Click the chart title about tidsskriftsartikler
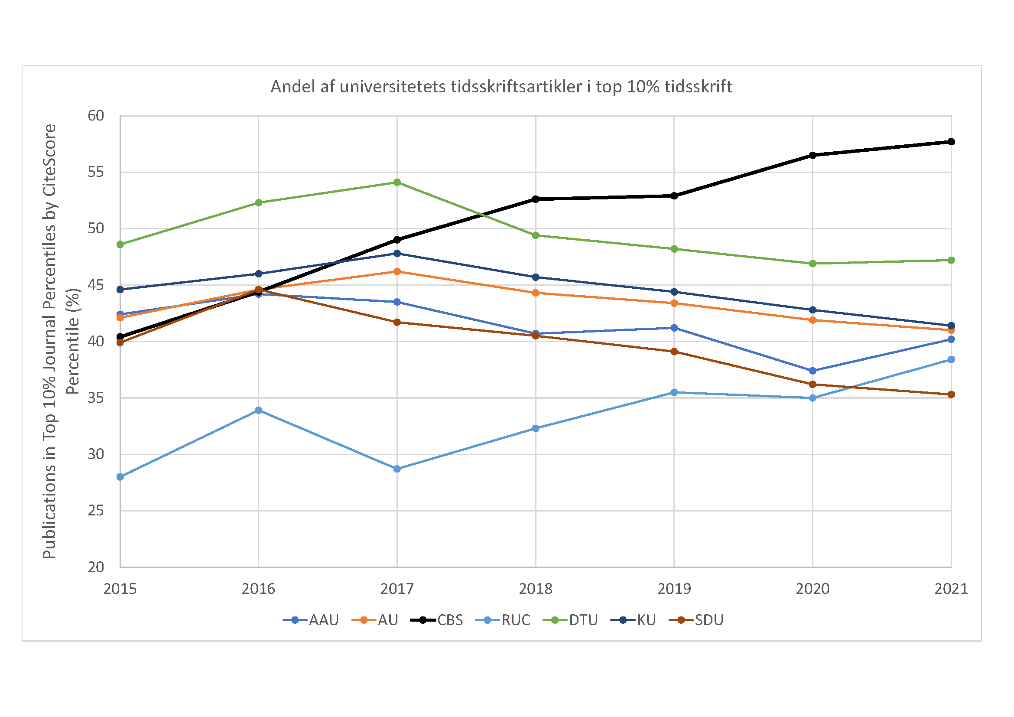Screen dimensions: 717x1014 pos(501,87)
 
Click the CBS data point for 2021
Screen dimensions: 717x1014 pos(951,142)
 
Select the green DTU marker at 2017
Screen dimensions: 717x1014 pos(397,183)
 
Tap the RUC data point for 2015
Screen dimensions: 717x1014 pos(120,477)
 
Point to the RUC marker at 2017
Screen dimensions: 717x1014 pos(397,469)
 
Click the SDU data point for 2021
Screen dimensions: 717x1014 pos(951,394)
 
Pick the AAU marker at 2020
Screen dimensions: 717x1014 pos(812,371)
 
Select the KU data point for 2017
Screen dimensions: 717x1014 pos(397,254)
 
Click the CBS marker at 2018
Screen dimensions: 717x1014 pos(536,199)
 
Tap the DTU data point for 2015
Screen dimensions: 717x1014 pos(120,244)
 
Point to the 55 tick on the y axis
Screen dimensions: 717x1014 pos(96,172)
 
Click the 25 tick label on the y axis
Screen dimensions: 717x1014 pos(96,511)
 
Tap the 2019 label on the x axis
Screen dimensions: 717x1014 pos(674,589)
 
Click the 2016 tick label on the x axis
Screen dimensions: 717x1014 pos(258,589)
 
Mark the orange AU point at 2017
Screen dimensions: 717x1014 pos(397,272)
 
